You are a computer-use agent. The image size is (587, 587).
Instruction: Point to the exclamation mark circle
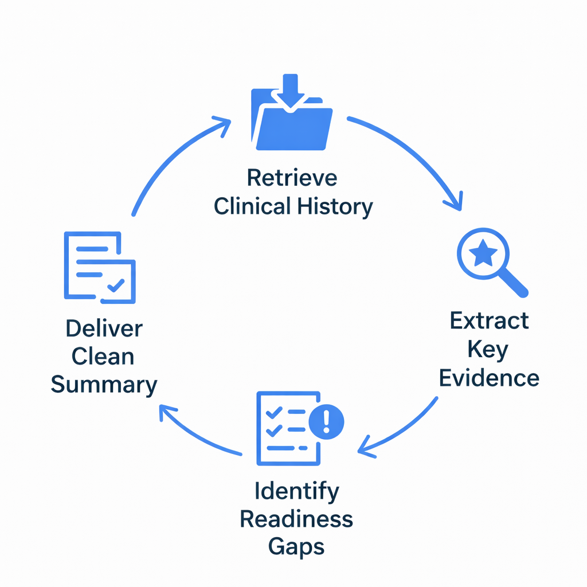point(326,422)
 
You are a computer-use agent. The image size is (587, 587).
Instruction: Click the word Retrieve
point(292,178)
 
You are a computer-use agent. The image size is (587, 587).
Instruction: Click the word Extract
point(489,321)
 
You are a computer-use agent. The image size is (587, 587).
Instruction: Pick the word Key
point(488,349)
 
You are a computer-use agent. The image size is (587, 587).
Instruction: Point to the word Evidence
point(489,378)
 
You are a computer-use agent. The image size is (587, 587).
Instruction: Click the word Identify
point(296,491)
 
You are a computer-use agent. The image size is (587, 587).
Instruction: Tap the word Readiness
point(296,519)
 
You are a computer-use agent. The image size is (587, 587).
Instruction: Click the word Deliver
point(104,329)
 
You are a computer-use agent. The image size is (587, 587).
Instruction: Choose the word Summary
point(104,385)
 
